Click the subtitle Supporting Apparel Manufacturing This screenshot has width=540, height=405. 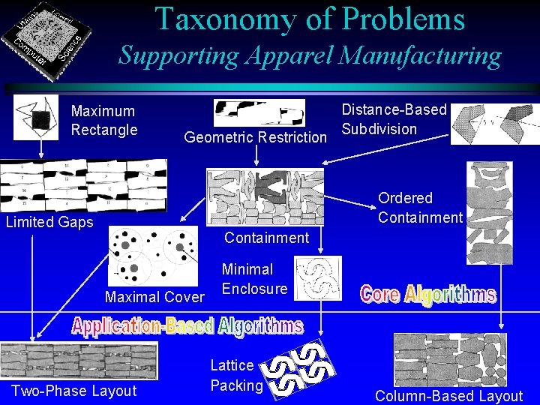tap(310, 55)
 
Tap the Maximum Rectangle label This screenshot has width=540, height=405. tap(103, 120)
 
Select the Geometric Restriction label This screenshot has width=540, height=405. tap(256, 137)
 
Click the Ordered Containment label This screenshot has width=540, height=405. tap(420, 208)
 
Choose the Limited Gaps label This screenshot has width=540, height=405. tap(49, 222)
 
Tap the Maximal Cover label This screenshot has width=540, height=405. tap(154, 297)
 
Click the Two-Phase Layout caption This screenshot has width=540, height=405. tap(74, 391)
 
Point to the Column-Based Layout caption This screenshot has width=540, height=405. tap(448, 396)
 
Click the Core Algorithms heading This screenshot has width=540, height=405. tap(427, 293)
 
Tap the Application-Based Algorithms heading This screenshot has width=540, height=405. tap(187, 326)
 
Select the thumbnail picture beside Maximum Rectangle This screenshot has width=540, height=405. tap(36, 118)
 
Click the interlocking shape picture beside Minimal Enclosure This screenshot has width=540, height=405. tap(318, 277)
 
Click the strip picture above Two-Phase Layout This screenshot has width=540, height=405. tap(79, 361)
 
